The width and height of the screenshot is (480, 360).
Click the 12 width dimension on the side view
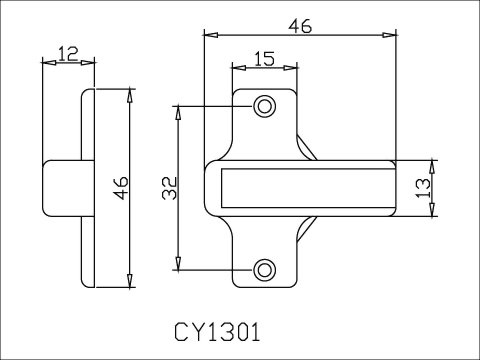click(x=68, y=53)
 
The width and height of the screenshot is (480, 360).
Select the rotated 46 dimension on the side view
click(x=120, y=188)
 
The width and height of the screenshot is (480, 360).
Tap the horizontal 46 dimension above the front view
click(x=298, y=26)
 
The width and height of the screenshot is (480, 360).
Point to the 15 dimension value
click(x=264, y=59)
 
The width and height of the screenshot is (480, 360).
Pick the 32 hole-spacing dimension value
click(x=167, y=188)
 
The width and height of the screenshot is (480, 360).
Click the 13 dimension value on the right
click(x=423, y=186)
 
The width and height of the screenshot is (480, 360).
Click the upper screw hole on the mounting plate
click(x=265, y=106)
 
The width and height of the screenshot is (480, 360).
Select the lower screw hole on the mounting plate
click(x=265, y=269)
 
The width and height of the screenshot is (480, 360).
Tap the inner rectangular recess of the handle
click(x=304, y=187)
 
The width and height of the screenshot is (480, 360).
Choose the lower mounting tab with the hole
click(x=265, y=264)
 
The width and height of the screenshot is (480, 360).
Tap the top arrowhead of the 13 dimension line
click(x=433, y=163)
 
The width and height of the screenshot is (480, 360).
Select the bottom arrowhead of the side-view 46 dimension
click(x=132, y=282)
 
